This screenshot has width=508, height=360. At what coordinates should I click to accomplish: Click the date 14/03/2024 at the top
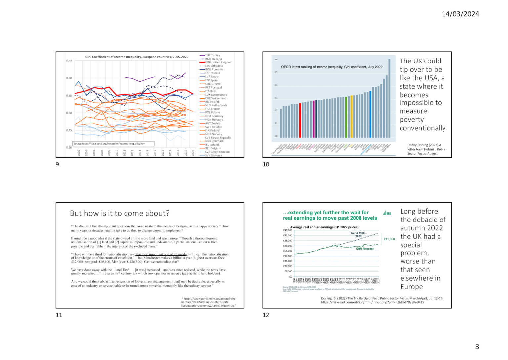tap(460, 14)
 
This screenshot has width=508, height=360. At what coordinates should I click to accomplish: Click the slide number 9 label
tap(57, 164)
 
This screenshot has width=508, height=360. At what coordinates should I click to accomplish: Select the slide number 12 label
tap(266, 315)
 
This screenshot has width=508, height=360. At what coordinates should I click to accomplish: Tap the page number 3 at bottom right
tap(477, 346)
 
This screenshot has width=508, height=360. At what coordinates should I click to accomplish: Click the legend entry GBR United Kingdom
tap(218, 62)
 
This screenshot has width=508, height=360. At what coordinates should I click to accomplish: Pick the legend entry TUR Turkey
tap(212, 55)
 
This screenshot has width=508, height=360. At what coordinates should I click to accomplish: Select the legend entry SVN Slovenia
tap(213, 155)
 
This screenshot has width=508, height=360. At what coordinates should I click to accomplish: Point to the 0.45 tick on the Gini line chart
tap(69, 61)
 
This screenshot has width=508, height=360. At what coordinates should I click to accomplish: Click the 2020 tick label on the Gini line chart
tap(193, 153)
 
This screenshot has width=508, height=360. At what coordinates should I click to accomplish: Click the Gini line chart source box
tap(113, 144)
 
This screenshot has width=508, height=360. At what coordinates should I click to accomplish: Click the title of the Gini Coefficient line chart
tap(137, 57)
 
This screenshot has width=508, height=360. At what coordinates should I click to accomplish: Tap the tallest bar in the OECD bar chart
tap(389, 98)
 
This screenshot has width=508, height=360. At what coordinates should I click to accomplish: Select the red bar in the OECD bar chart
tap(300, 120)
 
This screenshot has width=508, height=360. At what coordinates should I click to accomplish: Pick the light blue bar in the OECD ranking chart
tap(370, 114)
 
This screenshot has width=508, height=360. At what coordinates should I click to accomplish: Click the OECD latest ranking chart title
tap(331, 67)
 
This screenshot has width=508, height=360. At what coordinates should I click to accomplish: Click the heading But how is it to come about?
tap(120, 213)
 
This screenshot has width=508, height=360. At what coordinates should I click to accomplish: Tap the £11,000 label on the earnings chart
tap(389, 239)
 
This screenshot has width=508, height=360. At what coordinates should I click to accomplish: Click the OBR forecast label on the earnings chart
tap(364, 249)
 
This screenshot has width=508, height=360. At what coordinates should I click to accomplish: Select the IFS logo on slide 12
tap(387, 213)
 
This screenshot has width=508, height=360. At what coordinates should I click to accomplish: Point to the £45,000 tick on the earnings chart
tap(287, 230)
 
